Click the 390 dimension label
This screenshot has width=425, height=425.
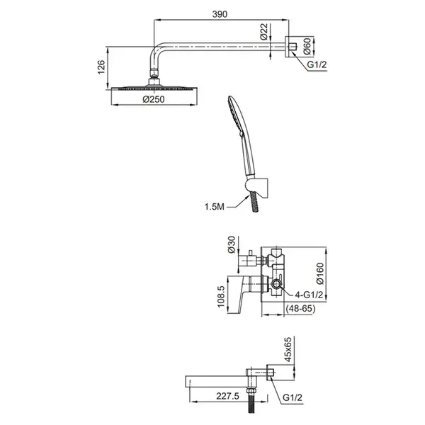pyautogui.click(x=220, y=14)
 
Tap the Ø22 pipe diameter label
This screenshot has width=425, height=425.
pyautogui.click(x=263, y=32)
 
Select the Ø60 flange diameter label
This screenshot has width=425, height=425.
pyautogui.click(x=307, y=46)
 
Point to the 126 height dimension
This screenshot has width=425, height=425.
pyautogui.click(x=101, y=67)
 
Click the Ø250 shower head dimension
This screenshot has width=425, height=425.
pyautogui.click(x=154, y=99)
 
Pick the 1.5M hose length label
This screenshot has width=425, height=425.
pyautogui.click(x=214, y=207)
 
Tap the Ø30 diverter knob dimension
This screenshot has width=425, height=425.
pyautogui.click(x=232, y=244)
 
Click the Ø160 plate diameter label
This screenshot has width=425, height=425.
pyautogui.click(x=320, y=273)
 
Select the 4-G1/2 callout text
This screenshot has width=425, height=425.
pyautogui.click(x=309, y=295)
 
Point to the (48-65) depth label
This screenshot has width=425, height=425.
pyautogui.click(x=301, y=308)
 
